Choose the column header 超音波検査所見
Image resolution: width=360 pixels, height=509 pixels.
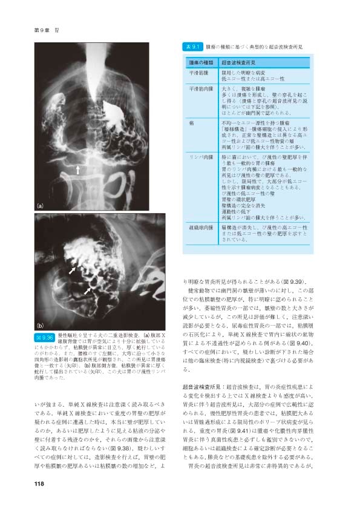[x=240, y=62]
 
